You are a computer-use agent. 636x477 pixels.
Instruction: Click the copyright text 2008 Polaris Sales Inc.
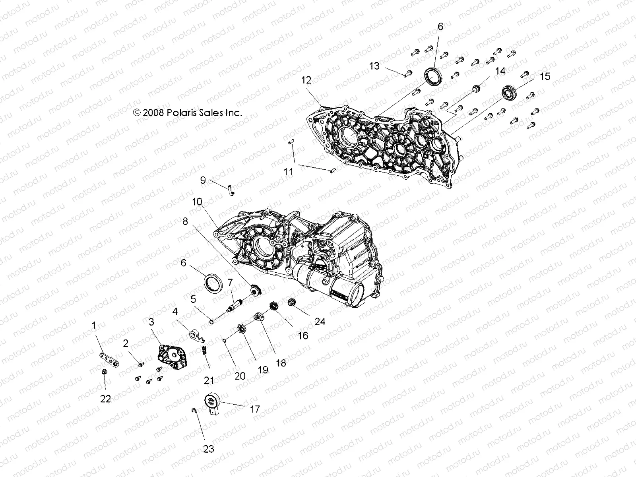[x=188, y=112]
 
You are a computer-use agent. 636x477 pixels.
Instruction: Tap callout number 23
[x=209, y=449]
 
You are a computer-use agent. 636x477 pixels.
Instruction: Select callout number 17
[x=254, y=409]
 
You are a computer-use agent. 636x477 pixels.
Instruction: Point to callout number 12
[x=306, y=80]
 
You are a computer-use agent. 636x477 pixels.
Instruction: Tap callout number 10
[x=197, y=202]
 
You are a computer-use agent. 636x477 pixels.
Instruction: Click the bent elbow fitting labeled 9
[x=231, y=190]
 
